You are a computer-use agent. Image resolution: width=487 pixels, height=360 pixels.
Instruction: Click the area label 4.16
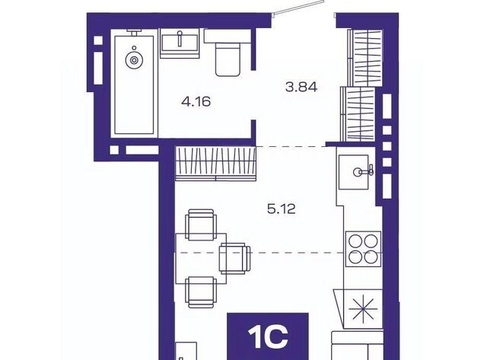click(196, 101)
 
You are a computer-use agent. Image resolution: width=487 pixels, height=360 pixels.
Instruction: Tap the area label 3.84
click(301, 87)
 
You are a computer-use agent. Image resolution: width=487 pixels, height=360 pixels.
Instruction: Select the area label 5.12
click(282, 209)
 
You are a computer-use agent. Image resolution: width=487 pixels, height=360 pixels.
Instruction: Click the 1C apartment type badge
click(268, 336)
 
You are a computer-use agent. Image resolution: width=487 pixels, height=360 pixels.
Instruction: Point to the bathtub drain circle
click(134, 60)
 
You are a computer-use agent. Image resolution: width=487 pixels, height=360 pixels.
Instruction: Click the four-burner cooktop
click(364, 249)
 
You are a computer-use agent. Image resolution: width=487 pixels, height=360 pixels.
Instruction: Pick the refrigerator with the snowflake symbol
click(363, 309)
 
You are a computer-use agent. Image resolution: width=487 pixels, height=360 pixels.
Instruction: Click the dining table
click(201, 259)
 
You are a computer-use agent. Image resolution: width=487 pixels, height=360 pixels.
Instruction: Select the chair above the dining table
click(201, 225)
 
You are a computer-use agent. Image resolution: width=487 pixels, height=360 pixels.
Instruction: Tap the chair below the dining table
click(201, 292)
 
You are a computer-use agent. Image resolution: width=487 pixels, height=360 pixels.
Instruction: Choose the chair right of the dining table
click(235, 259)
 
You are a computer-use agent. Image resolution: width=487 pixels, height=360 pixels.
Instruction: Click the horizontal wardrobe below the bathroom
click(215, 164)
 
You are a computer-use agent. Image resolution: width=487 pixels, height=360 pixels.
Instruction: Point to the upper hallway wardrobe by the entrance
click(364, 58)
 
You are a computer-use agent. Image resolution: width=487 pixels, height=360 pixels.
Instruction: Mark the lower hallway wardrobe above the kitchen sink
click(358, 113)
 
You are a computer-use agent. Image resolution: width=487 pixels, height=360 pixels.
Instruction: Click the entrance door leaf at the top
click(298, 8)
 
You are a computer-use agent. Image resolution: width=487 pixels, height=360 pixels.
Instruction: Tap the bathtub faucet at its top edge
click(134, 32)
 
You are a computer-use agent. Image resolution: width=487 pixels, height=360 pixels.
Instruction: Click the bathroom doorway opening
click(253, 94)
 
